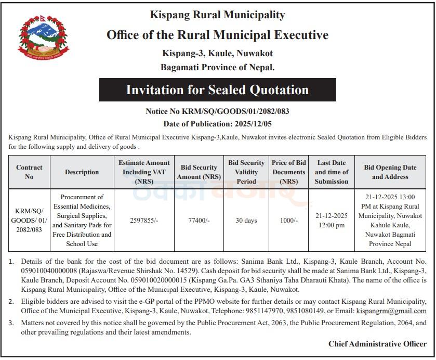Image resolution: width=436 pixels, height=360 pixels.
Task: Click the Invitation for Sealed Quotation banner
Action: pyautogui.click(x=217, y=90)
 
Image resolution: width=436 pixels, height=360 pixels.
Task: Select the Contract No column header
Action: pyautogui.click(x=29, y=172)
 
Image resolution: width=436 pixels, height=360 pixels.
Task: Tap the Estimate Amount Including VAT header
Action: pyautogui.click(x=144, y=172)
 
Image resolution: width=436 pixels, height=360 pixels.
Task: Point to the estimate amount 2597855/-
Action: pyautogui.click(x=144, y=221)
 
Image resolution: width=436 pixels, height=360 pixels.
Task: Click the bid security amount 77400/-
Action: pyautogui.click(x=199, y=221)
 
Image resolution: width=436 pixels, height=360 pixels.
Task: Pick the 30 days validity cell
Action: pyautogui.click(x=246, y=221)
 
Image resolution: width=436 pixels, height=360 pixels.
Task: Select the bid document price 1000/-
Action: pyautogui.click(x=288, y=221)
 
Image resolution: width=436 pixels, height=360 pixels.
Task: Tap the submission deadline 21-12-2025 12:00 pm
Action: pyautogui.click(x=331, y=221)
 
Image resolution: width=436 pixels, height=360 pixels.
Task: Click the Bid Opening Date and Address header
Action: pyautogui.click(x=390, y=172)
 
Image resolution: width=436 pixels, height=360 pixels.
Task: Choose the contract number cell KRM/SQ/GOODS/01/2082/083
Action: pyautogui.click(x=29, y=221)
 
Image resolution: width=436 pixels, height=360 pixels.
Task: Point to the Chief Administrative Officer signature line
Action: pyautogui.click(x=377, y=344)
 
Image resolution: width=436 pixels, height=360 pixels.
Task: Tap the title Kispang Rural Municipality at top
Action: pyautogui.click(x=217, y=15)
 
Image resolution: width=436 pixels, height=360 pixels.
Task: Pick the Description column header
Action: pyautogui.click(x=82, y=172)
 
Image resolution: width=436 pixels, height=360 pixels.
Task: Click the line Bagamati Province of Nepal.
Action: pyautogui.click(x=217, y=67)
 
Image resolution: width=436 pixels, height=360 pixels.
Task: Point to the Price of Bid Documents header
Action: pyautogui.click(x=288, y=172)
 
